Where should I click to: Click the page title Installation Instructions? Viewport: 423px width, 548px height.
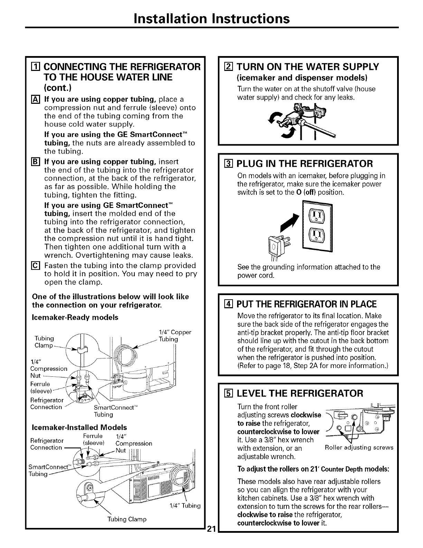click(x=212, y=18)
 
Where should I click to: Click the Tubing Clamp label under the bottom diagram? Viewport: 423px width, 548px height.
click(x=127, y=519)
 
